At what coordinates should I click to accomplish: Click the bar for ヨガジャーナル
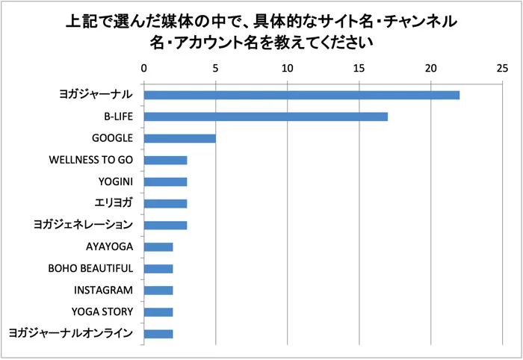click(301, 95)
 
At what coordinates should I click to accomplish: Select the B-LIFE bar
click(265, 117)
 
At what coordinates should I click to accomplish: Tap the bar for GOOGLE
click(179, 138)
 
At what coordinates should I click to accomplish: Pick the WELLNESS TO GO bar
click(165, 160)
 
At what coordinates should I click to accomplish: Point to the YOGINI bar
click(165, 181)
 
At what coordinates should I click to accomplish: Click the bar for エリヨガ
click(165, 203)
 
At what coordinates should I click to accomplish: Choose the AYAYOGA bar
click(158, 246)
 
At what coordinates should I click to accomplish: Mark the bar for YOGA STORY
click(158, 312)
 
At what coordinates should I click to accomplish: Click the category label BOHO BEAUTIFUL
click(90, 268)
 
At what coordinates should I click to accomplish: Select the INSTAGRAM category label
click(104, 290)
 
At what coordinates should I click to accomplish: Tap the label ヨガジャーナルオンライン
click(71, 334)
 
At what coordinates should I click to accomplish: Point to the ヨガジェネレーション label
click(84, 225)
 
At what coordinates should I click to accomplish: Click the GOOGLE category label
click(112, 138)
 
